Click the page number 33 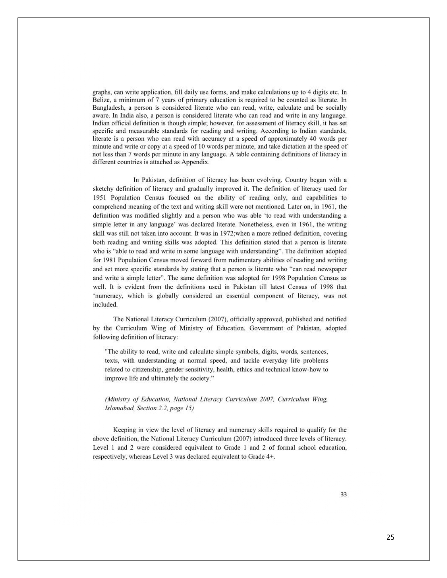tap(344, 494)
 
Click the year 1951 tap(99, 197)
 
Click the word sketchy tap(104, 188)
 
